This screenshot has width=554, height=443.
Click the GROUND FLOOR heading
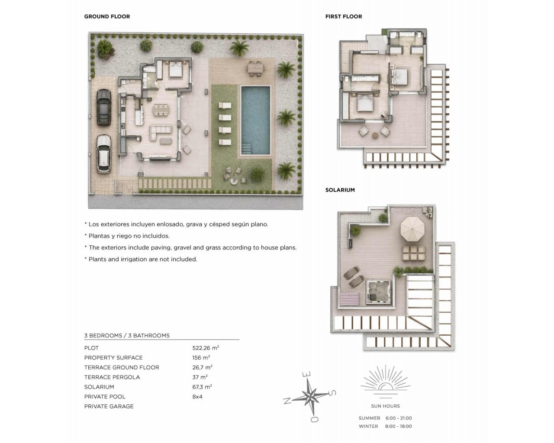click(x=107, y=16)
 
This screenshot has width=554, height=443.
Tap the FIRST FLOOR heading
click(x=344, y=16)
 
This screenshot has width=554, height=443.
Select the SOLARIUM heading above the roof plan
click(x=340, y=190)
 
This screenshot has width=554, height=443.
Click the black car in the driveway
click(x=104, y=107)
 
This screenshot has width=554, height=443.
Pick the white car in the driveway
click(x=104, y=154)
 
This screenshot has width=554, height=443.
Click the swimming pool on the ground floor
click(x=255, y=120)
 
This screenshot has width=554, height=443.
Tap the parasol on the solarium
click(x=412, y=229)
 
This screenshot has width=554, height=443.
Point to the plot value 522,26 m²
click(x=206, y=348)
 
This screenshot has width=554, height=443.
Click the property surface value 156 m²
click(x=201, y=358)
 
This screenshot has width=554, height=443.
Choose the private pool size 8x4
click(x=197, y=397)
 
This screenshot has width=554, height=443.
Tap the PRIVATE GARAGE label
click(x=109, y=407)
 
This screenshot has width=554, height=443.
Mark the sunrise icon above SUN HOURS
click(x=385, y=383)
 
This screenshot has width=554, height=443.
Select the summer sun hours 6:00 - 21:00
click(x=399, y=418)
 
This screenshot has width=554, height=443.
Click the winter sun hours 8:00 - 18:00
click(x=399, y=426)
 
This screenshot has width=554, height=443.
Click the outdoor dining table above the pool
click(x=256, y=68)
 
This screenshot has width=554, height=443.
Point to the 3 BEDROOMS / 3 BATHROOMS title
click(x=127, y=336)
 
